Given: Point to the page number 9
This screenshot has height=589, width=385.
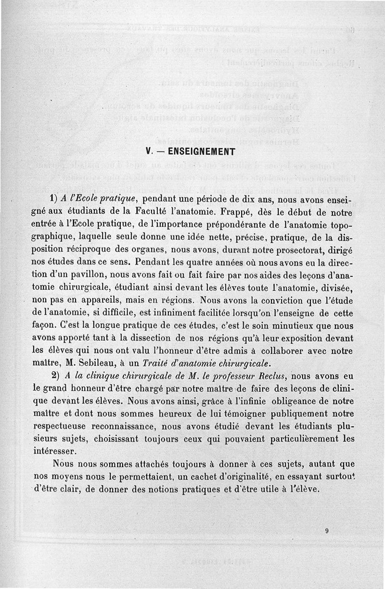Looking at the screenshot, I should click(326, 531).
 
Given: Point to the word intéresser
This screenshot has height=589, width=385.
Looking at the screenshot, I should click(55, 451).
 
